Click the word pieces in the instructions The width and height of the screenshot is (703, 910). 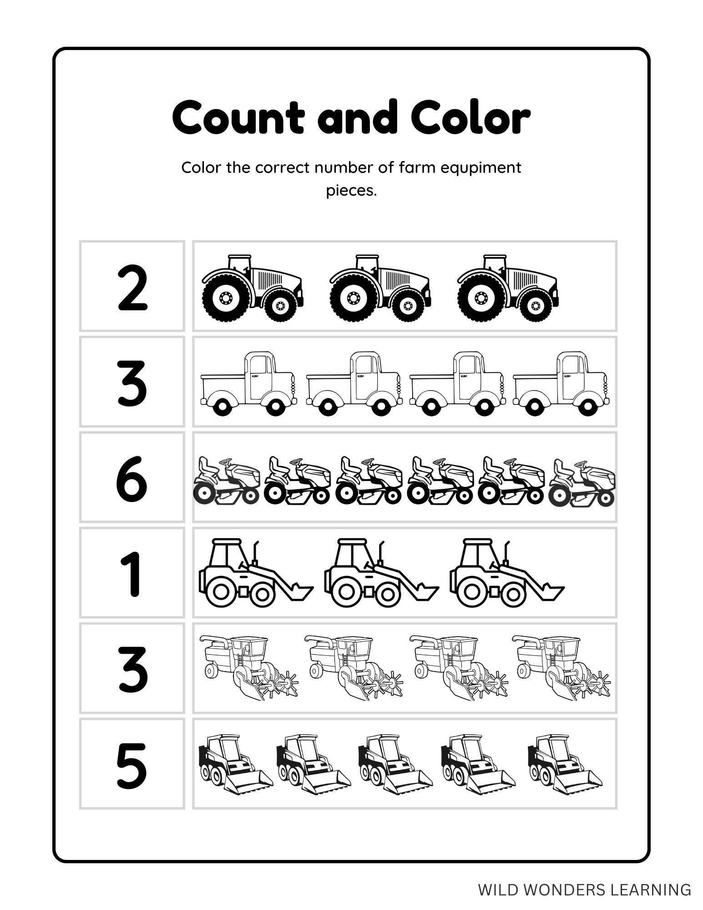click(351, 191)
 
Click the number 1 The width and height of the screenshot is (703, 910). click(132, 573)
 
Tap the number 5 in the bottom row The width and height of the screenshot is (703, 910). click(132, 766)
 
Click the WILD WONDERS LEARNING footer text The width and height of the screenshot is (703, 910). click(584, 889)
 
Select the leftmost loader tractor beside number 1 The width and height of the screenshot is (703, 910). click(255, 573)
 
